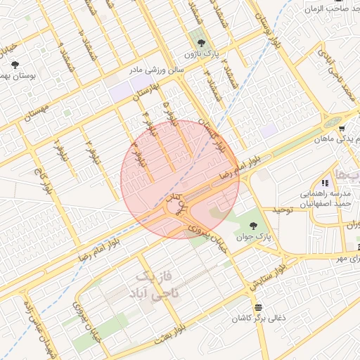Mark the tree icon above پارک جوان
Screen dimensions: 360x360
253,225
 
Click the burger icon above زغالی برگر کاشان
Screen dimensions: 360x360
259,307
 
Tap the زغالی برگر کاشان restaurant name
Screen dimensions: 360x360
259,319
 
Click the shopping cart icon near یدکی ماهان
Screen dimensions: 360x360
342,129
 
